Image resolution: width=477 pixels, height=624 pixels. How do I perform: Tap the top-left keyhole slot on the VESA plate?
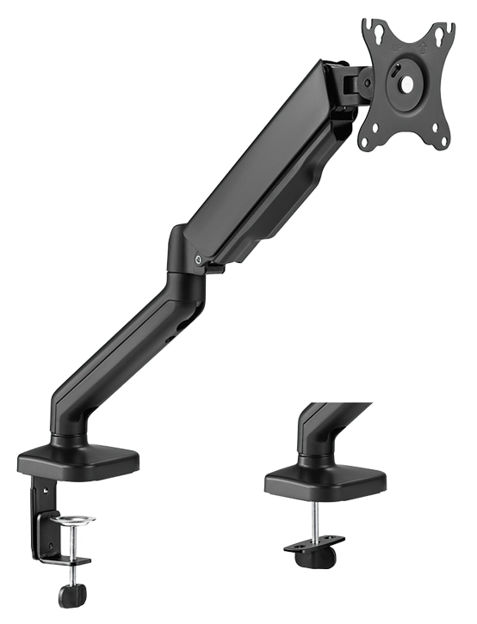[x=370, y=31]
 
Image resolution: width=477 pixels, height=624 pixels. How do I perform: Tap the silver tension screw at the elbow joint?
[x=200, y=257]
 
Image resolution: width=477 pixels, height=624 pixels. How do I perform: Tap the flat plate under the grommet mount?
[x=315, y=544]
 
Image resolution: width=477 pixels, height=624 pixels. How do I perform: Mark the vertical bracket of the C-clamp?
[x=40, y=516]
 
